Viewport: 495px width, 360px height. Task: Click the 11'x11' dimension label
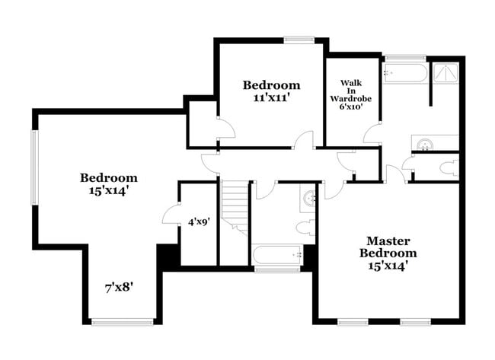pyautogui.click(x=271, y=97)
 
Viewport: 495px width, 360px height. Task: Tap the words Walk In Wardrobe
pyautogui.click(x=351, y=90)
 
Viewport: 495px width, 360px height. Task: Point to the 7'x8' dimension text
pyautogui.click(x=120, y=288)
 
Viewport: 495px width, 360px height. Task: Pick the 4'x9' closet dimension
pyautogui.click(x=198, y=223)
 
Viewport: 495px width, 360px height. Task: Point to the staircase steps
pyautogui.click(x=235, y=205)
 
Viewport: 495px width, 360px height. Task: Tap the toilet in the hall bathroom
pyautogui.click(x=305, y=225)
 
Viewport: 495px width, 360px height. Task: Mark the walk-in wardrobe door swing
pyautogui.click(x=372, y=135)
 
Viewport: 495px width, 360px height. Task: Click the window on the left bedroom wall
pyautogui.click(x=34, y=167)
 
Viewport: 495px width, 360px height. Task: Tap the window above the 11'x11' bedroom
pyautogui.click(x=299, y=40)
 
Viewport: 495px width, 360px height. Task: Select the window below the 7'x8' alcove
pyautogui.click(x=122, y=322)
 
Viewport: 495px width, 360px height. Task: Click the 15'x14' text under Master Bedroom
pyautogui.click(x=388, y=266)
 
